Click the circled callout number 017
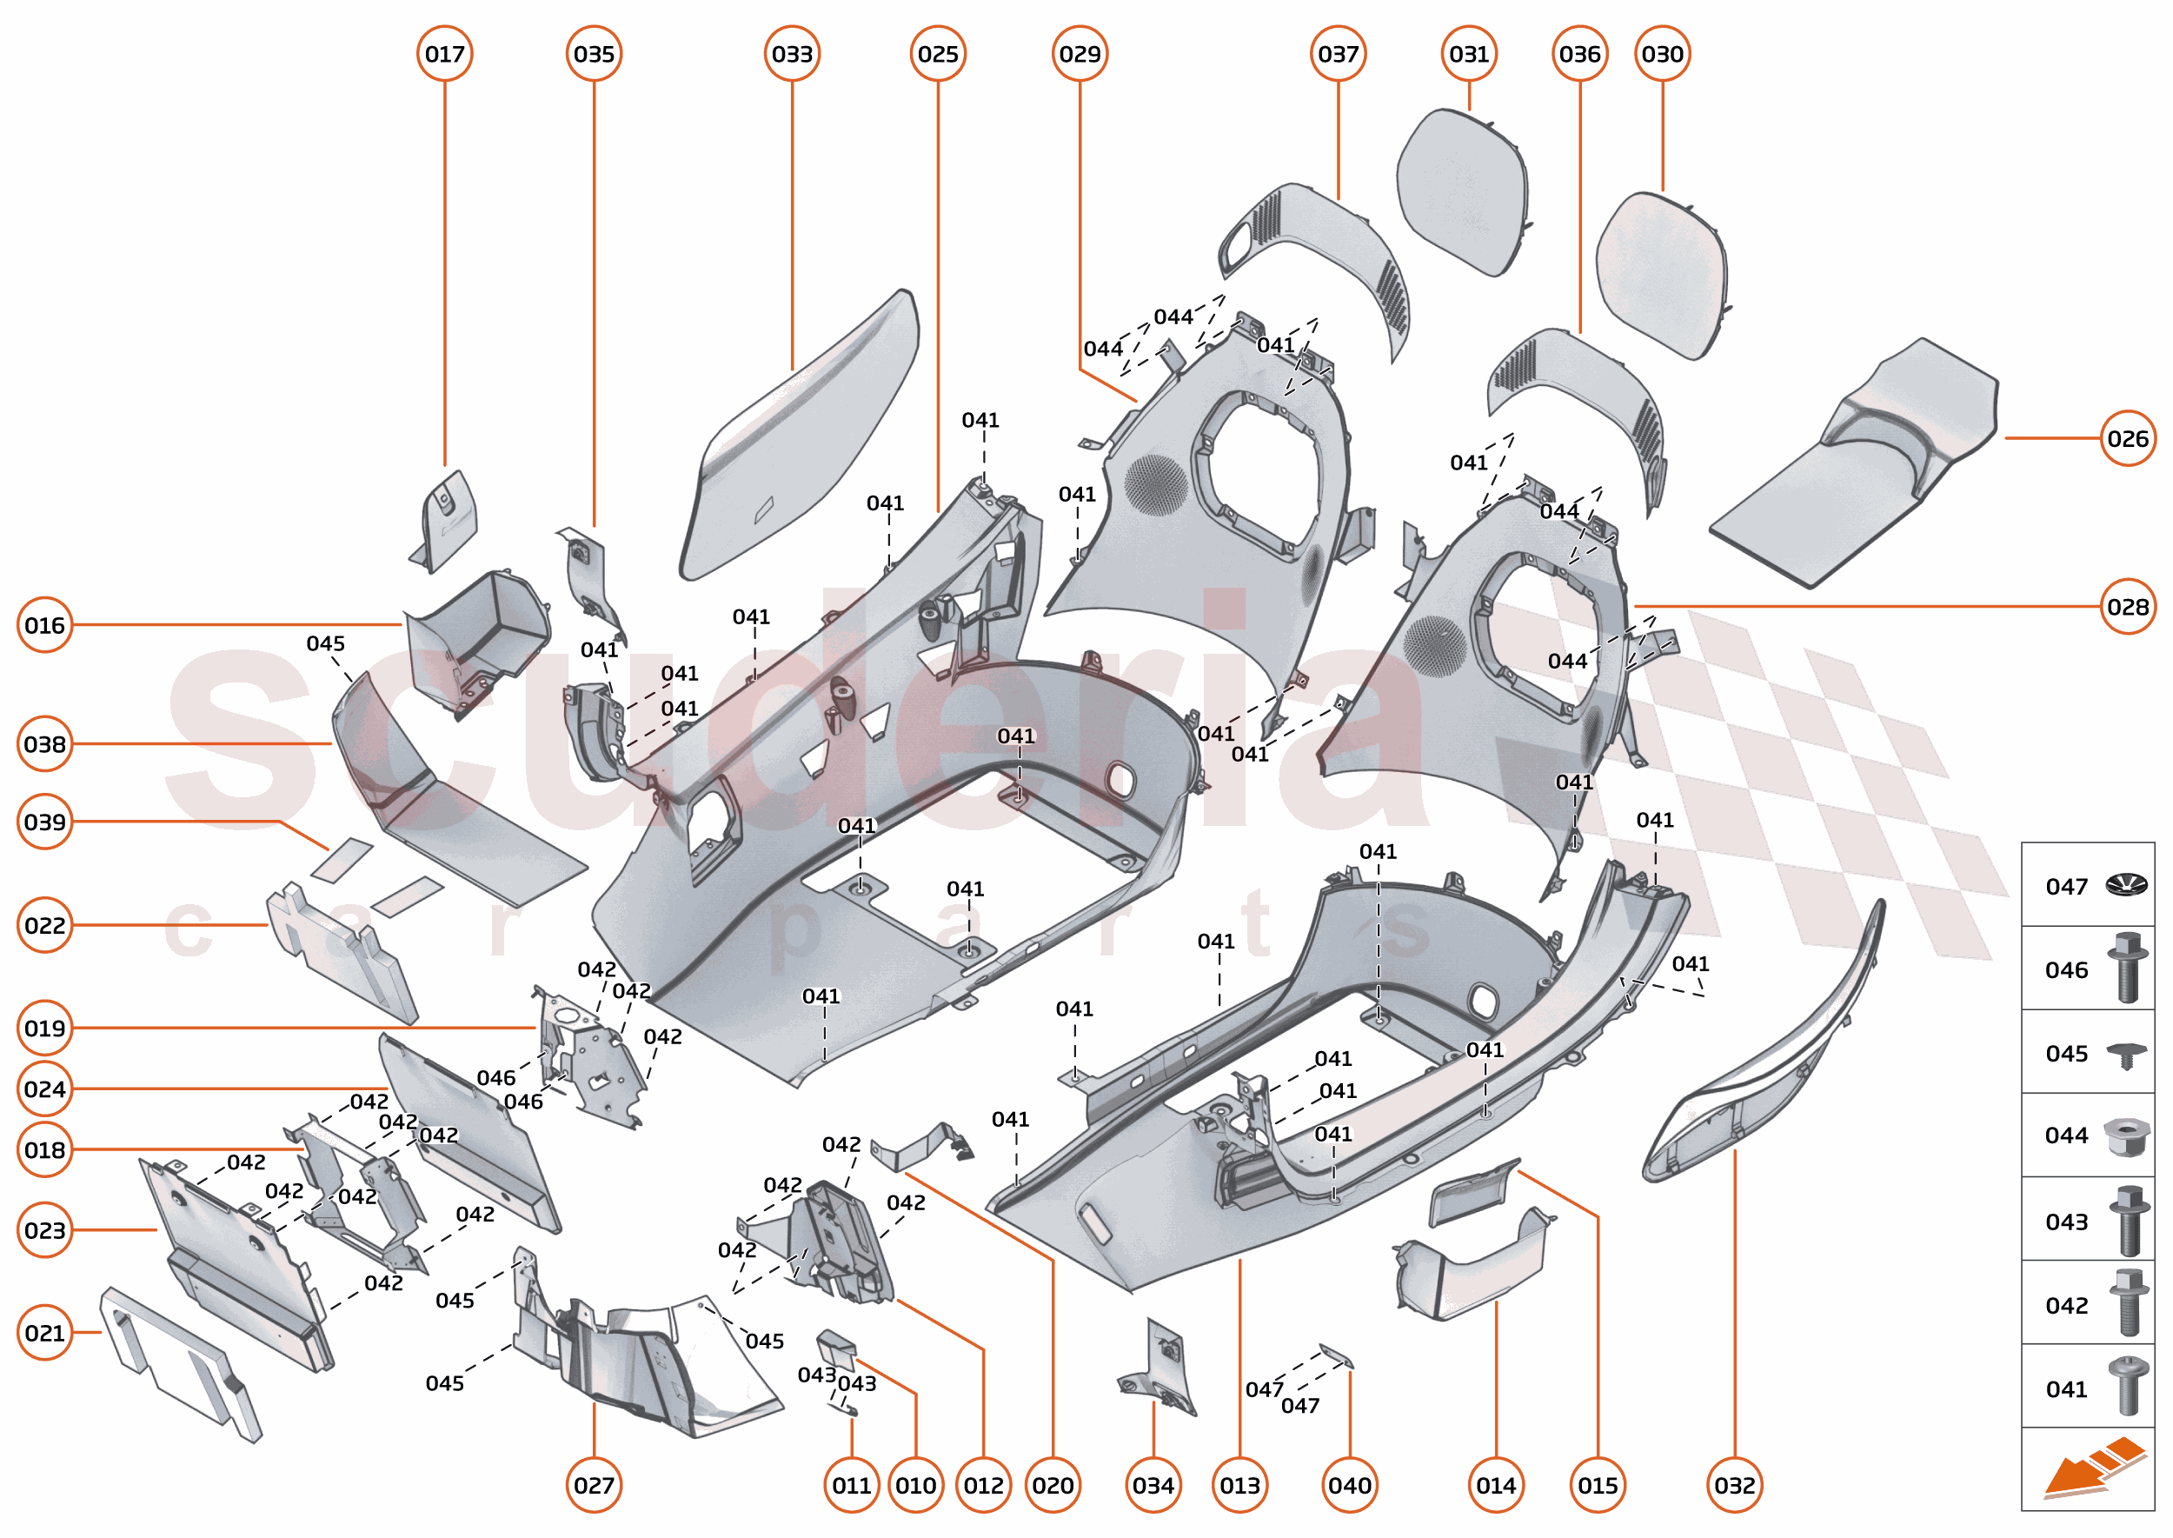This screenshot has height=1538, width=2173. pos(444,54)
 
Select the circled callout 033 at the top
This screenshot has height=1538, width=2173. pos(792,54)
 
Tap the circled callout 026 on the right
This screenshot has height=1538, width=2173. pos(2127,438)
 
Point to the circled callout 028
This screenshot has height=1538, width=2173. pos(2127,606)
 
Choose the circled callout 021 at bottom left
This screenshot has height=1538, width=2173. pos(44,1333)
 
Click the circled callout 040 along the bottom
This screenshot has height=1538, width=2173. pos(1348,1485)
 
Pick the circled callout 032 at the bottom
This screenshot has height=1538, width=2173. pos(1734,1485)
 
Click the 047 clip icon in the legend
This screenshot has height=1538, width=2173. pos(2126,885)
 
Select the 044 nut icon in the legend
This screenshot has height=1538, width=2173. pos(2126,1135)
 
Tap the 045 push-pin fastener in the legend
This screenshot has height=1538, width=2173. pos(2126,1054)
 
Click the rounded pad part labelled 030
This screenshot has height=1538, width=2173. pos(1662,275)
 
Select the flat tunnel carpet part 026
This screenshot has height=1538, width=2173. pos(1856,464)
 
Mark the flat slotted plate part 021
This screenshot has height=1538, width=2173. pos(180,1364)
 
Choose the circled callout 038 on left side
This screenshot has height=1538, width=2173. pos(44,744)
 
